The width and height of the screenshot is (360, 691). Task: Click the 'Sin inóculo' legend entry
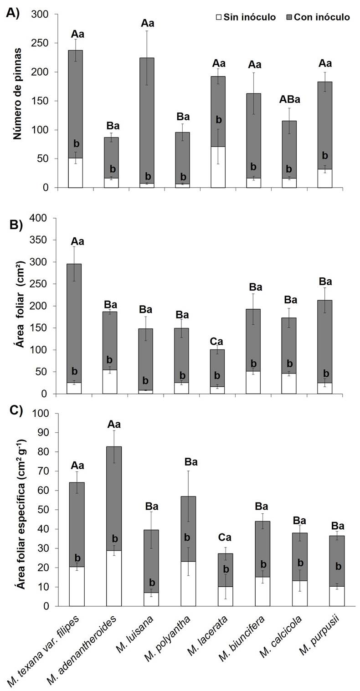pyautogui.click(x=250, y=17)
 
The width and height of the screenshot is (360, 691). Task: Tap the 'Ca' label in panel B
pyautogui.click(x=217, y=342)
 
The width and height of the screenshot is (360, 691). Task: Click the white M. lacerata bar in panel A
pyautogui.click(x=218, y=167)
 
